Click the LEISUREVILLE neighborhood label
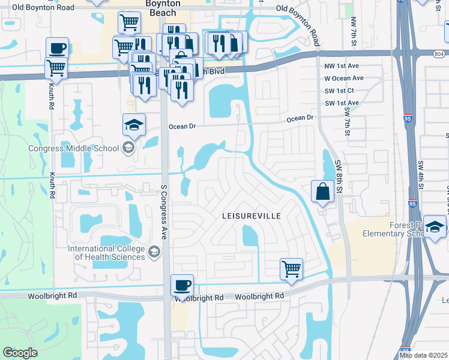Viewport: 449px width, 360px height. [x=251, y=215]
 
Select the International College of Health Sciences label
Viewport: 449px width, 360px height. [x=106, y=253]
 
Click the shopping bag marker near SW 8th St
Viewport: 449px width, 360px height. [x=322, y=192]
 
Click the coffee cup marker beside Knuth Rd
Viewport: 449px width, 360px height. [x=58, y=48]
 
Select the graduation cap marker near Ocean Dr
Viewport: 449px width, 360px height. [x=134, y=125]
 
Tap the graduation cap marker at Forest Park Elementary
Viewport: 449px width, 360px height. [x=435, y=227]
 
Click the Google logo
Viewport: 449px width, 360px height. [x=20, y=353]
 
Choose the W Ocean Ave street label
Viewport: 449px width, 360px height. [x=343, y=78]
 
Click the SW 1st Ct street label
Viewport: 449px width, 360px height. [x=340, y=91]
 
